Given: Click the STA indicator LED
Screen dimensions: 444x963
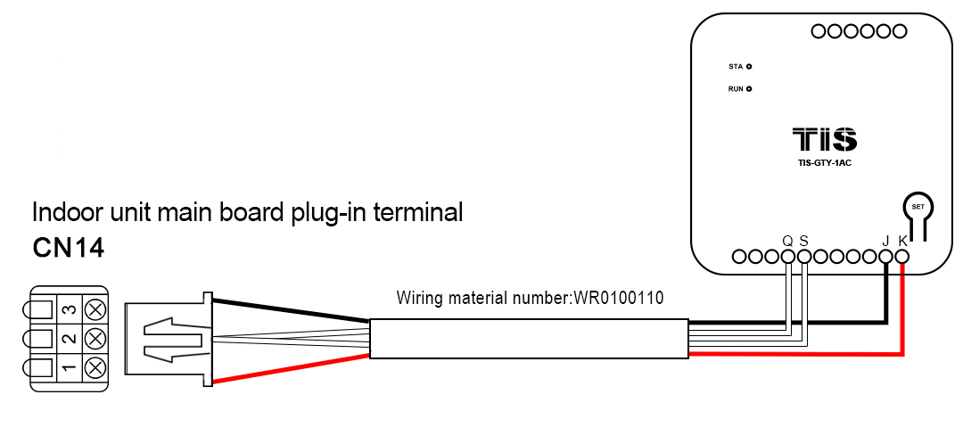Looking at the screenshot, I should (749, 67).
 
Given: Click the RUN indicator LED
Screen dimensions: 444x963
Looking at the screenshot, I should (749, 89).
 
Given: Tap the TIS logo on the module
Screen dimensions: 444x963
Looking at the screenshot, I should (825, 140).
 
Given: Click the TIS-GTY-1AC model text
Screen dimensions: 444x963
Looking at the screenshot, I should (825, 163).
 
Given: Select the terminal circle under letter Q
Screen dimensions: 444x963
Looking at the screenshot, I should (787, 257).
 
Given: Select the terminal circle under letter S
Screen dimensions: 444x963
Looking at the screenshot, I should (803, 257).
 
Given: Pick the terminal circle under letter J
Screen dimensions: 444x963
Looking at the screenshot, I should (885, 257).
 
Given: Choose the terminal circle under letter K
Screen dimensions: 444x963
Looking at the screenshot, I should (901, 257).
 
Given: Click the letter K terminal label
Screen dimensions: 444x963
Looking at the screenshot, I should (902, 241).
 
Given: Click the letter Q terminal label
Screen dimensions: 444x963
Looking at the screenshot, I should (787, 241).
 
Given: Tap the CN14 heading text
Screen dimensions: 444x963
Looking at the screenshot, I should (69, 248).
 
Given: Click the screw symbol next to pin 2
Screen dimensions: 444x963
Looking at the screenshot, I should (95, 339).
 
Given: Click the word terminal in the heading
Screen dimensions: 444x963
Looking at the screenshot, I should (418, 213).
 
